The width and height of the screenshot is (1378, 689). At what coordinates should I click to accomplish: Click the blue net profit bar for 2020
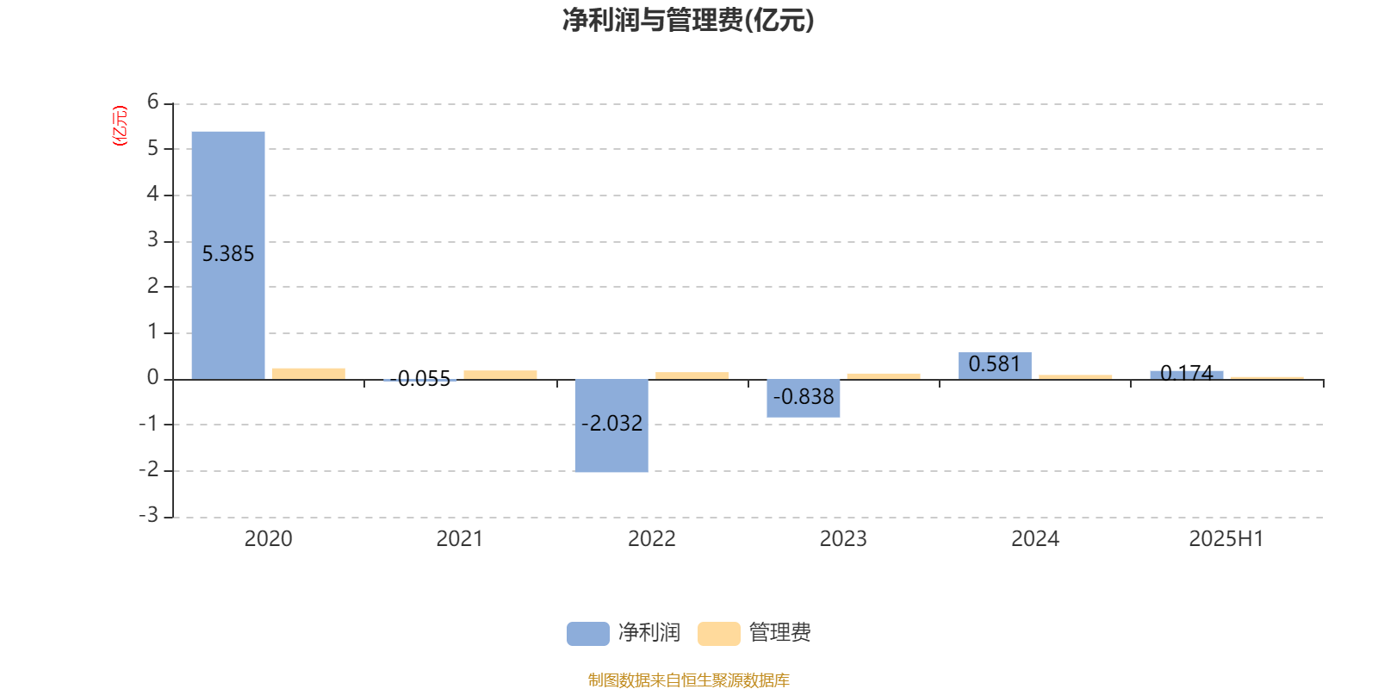tap(228, 255)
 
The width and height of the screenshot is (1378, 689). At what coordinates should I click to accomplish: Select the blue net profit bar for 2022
tap(611, 425)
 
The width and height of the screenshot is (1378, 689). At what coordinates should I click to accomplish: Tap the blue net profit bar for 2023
tap(804, 399)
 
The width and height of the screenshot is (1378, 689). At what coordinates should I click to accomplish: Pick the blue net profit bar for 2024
tap(995, 366)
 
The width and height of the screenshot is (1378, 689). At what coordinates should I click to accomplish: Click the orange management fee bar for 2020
tap(309, 374)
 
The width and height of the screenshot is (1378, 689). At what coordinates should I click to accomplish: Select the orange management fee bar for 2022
tap(692, 376)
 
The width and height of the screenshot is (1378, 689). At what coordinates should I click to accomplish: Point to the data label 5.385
tap(228, 254)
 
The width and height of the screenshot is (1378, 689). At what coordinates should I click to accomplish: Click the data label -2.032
tap(611, 423)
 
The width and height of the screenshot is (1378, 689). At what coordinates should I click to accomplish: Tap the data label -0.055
tap(420, 378)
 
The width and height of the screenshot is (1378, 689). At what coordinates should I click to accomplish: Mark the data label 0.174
tap(1186, 373)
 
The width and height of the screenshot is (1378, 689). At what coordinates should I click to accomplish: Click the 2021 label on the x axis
tap(460, 539)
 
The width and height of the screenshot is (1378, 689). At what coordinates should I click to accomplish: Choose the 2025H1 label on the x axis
tap(1226, 539)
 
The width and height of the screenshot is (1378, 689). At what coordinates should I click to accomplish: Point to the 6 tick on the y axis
tap(152, 102)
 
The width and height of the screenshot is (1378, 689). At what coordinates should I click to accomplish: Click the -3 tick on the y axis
tap(148, 515)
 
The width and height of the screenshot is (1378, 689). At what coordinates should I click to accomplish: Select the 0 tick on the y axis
tap(152, 377)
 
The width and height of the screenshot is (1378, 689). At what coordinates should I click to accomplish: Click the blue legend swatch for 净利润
tap(588, 634)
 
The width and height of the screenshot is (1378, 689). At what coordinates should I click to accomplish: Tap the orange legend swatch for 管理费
tap(718, 634)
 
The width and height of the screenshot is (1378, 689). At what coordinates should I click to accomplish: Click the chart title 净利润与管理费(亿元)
tap(688, 21)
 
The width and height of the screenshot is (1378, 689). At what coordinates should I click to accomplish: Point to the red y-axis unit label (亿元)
tap(120, 126)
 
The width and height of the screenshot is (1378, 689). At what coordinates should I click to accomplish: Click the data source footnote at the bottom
tap(688, 680)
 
